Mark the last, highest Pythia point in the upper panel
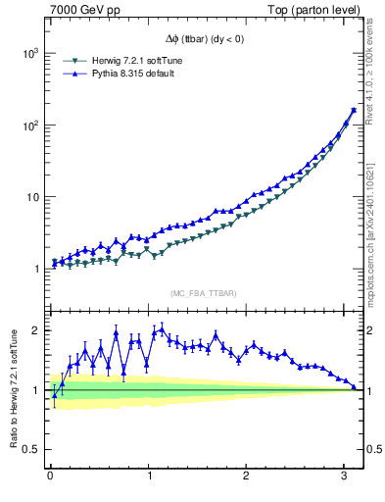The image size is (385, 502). pyautogui.click(x=354, y=110)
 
